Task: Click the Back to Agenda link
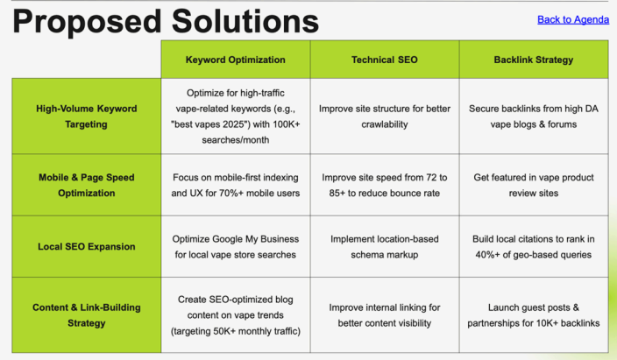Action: [x=573, y=19]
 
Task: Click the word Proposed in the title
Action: [x=87, y=22]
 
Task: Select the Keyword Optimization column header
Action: [x=235, y=60]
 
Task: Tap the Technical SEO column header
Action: [x=385, y=60]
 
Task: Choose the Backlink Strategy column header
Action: [x=534, y=60]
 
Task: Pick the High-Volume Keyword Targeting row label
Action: [x=87, y=116]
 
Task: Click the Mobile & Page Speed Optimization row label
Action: [x=87, y=186]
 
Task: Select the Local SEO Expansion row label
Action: [x=87, y=247]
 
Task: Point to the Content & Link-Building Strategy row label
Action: [x=87, y=315]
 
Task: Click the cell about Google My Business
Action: [x=235, y=247]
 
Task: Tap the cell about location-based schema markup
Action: [x=385, y=247]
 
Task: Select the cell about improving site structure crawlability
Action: [x=385, y=116]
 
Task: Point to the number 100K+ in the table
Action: [x=287, y=124]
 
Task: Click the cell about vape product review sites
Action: [x=534, y=186]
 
